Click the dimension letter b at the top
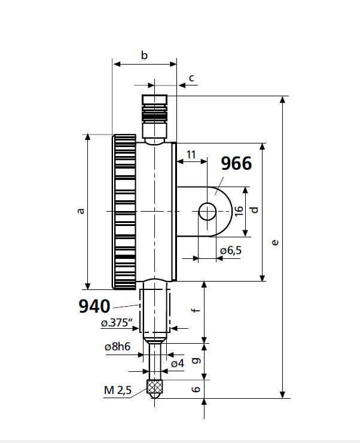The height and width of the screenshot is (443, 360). [x=144, y=56]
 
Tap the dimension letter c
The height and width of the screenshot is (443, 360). [x=191, y=78]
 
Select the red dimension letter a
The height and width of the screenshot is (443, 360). [x=81, y=210]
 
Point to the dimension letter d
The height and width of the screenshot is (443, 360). [x=254, y=210]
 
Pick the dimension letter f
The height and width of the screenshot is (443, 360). [x=194, y=311]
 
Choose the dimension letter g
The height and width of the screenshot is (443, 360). [x=194, y=360]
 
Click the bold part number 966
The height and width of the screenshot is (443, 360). [x=236, y=164]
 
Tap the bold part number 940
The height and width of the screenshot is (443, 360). [x=94, y=307]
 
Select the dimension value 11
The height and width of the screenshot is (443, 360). [x=191, y=154]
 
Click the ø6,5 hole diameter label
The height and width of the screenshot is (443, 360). [x=230, y=250]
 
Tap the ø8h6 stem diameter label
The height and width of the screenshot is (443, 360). [x=117, y=347]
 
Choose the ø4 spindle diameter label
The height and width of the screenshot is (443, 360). [x=177, y=363]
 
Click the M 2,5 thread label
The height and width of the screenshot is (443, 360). [x=117, y=390]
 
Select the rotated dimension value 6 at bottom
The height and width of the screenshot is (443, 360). [x=195, y=389]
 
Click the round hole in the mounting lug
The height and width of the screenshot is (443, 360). [x=208, y=211]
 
